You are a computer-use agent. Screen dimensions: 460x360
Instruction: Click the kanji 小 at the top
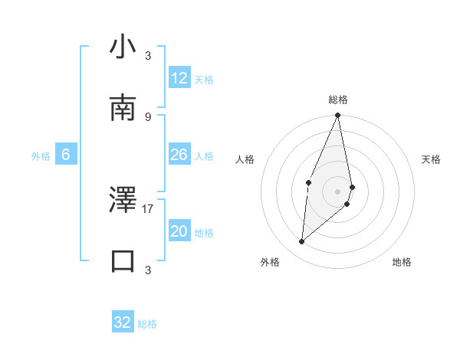coord(123,47)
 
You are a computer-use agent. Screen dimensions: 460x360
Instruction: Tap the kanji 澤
coord(123,201)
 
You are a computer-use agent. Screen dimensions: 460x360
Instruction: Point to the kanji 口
coord(123,260)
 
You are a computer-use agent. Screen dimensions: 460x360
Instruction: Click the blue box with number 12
coord(179,78)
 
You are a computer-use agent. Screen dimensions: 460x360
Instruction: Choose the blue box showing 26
coord(179,155)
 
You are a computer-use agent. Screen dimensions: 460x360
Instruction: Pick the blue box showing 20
coord(179,231)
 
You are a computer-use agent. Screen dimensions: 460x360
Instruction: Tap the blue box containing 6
coord(66,155)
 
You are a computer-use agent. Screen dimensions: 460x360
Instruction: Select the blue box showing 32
coord(123,322)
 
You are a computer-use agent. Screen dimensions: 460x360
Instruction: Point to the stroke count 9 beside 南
coord(147,116)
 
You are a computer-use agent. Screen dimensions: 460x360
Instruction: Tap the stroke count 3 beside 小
coord(147,55)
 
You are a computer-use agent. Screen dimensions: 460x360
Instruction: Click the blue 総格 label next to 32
coord(147,324)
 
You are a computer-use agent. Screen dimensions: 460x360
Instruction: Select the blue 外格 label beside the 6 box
coord(41,155)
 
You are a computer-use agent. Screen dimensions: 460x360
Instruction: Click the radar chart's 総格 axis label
coord(338,100)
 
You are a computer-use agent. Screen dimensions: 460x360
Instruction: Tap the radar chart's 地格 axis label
coord(402,262)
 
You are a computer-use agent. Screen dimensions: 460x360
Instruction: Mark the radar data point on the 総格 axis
coord(337,116)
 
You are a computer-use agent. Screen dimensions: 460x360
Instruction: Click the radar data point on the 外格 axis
coord(302,242)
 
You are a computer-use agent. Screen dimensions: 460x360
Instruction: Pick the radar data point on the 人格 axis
coord(308,182)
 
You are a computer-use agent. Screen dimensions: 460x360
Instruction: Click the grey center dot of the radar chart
coord(338,191)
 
